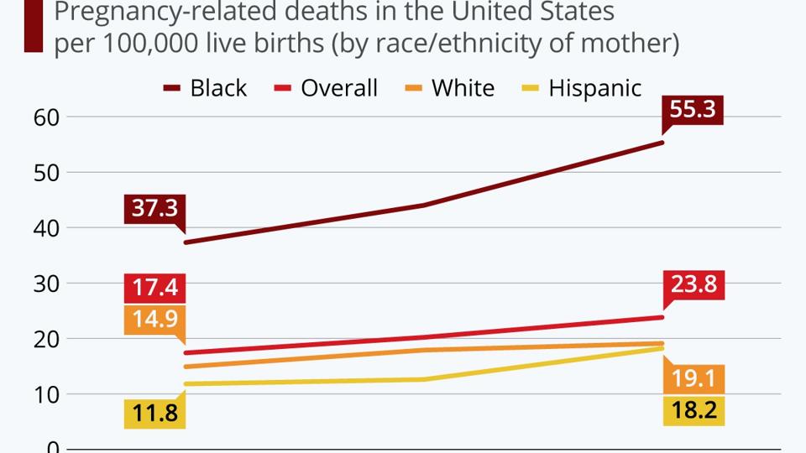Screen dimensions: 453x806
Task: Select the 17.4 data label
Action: (154, 288)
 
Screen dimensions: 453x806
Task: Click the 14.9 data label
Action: (154, 320)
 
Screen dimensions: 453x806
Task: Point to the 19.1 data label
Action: (693, 379)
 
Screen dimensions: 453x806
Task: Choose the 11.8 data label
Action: (154, 414)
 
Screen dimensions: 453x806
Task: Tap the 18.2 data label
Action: (693, 410)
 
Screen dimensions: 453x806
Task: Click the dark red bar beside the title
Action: (33, 26)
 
